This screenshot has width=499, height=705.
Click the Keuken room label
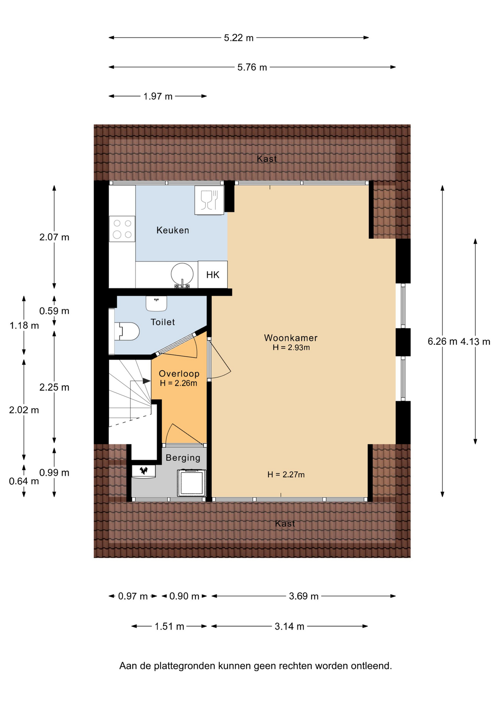click(173, 230)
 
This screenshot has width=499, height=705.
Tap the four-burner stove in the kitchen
click(122, 229)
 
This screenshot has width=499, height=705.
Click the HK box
click(213, 275)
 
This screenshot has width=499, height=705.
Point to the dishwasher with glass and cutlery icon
click(209, 200)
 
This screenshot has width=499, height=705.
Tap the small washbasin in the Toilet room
click(157, 303)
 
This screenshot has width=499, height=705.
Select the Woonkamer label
click(291, 338)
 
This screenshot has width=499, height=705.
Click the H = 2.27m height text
click(286, 474)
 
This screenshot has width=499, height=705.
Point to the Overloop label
click(179, 373)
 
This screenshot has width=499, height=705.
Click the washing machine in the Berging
click(191, 483)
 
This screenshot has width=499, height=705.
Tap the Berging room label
click(183, 458)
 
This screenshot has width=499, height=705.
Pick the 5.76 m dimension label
click(252, 67)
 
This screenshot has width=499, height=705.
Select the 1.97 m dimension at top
click(158, 96)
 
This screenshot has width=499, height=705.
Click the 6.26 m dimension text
click(442, 341)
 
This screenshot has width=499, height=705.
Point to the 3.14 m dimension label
click(290, 626)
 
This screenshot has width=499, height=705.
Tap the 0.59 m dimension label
click(54, 311)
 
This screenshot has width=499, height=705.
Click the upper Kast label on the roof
click(267, 159)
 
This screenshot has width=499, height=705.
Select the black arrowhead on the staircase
click(147, 381)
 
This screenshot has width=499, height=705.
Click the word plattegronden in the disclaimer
click(184, 666)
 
